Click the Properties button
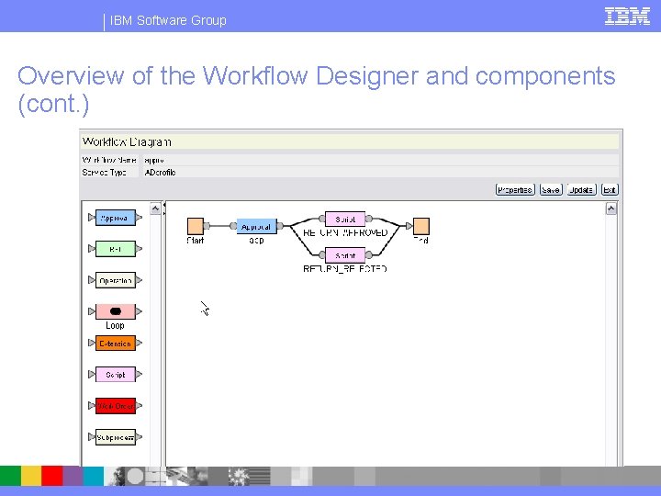pyautogui.click(x=514, y=190)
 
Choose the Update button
pyautogui.click(x=580, y=190)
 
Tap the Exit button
pyautogui.click(x=609, y=190)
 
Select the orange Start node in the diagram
pyautogui.click(x=196, y=226)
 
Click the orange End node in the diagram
pyautogui.click(x=420, y=226)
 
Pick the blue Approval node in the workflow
pyautogui.click(x=256, y=226)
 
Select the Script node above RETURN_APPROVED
pyautogui.click(x=345, y=219)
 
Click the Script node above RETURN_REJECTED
pyautogui.click(x=345, y=255)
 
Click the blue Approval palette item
pyautogui.click(x=115, y=218)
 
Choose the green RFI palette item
pyautogui.click(x=115, y=249)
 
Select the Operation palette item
pyautogui.click(x=115, y=280)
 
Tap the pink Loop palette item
pyautogui.click(x=115, y=311)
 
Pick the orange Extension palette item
pyautogui.click(x=115, y=344)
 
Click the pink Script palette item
pyautogui.click(x=115, y=375)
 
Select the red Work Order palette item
pyautogui.click(x=115, y=406)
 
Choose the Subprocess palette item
pyautogui.click(x=115, y=437)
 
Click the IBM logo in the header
pyautogui.click(x=627, y=16)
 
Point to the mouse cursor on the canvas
pyautogui.click(x=205, y=309)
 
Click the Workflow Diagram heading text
pyautogui.click(x=127, y=141)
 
